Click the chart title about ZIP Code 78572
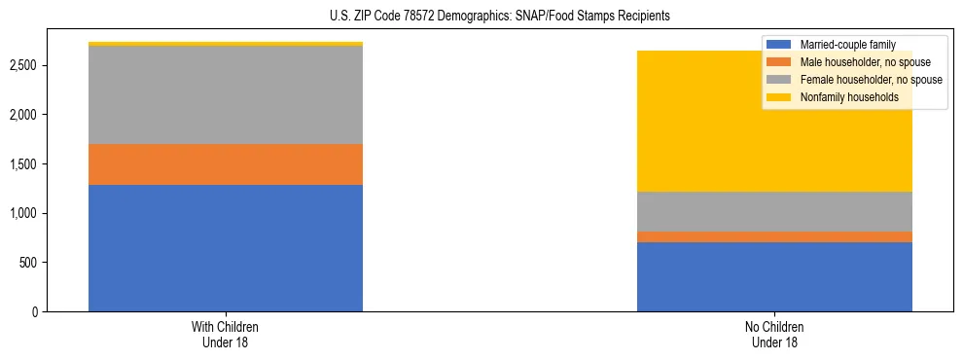pos(481,17)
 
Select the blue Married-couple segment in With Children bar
pos(226,247)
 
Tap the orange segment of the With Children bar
pos(226,164)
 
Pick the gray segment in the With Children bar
pos(226,95)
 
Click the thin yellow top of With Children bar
pos(226,44)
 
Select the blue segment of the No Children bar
pos(774,276)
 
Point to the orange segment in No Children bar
pos(774,236)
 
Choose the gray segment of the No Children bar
pos(774,211)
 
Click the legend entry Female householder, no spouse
pos(865,80)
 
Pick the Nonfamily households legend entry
pos(846,97)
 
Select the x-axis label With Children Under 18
pos(226,334)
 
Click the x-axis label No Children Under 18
pos(774,334)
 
